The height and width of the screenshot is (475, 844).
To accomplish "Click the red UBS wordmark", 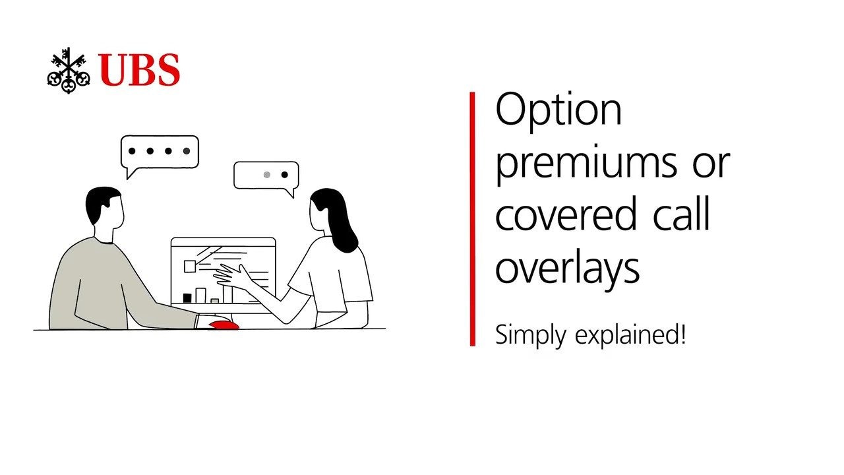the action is tap(139, 70).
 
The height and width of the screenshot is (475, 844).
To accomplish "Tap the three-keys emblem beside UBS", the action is tap(69, 71).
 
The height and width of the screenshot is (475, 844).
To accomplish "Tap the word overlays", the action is tap(568, 269).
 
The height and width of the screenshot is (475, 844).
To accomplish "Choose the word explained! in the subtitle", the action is tap(630, 334).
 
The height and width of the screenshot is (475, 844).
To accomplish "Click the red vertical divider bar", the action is tap(473, 218).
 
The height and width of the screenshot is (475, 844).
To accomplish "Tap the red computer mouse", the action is tap(224, 325).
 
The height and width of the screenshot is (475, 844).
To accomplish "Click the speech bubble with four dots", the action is tap(160, 152).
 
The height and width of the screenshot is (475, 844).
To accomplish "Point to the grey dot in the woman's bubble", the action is tap(267, 175).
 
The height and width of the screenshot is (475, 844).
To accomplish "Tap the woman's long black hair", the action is tap(336, 218).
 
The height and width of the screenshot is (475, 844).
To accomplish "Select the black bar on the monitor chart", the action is tap(187, 298).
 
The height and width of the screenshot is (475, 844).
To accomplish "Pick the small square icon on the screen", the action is tap(189, 266).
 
